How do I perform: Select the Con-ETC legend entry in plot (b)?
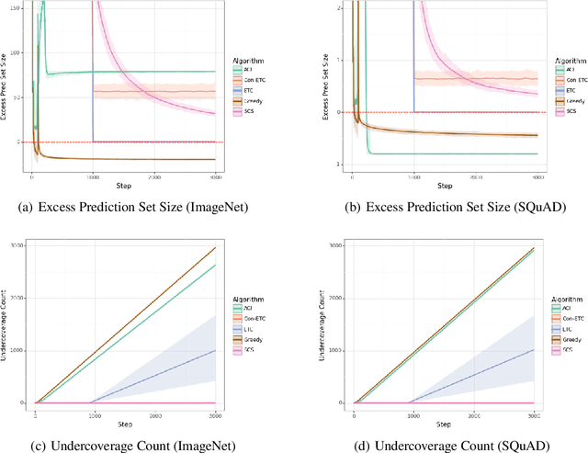[x=569, y=80]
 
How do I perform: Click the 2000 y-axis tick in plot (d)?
[x=337, y=299]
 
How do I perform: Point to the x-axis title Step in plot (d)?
[x=444, y=423]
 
